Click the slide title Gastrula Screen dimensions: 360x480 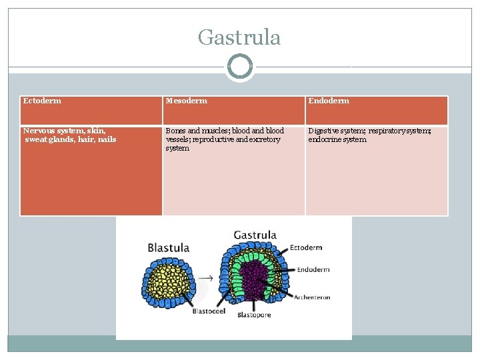(239, 37)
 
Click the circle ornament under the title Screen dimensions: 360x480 (239, 67)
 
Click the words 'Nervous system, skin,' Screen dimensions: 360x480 (65, 131)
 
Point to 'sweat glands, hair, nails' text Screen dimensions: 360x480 (70, 139)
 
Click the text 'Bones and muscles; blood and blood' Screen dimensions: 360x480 (225, 131)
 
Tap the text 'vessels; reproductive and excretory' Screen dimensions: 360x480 (223, 139)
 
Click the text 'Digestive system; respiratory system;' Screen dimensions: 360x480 (369, 131)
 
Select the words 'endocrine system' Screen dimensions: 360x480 (337, 139)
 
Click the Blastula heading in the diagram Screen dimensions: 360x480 (169, 247)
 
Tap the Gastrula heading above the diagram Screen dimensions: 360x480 (255, 235)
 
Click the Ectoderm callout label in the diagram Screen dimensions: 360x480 (307, 248)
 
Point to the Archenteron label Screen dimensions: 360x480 (312, 297)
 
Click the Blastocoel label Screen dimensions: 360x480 (209, 311)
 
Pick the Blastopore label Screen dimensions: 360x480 (254, 315)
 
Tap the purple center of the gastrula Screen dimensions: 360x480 (252, 280)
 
